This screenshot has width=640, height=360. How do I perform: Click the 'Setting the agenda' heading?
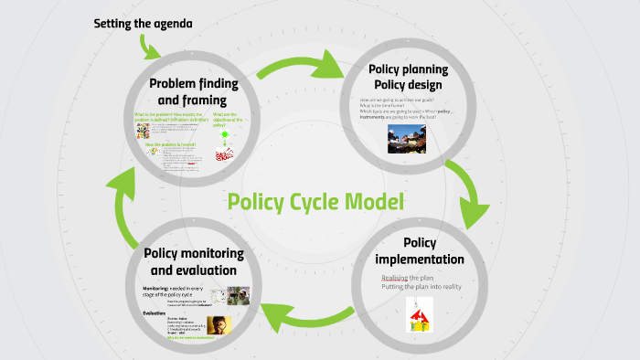coord(144,23)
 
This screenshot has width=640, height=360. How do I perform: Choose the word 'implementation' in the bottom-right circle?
coord(421,259)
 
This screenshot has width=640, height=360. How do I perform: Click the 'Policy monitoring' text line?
coord(193,252)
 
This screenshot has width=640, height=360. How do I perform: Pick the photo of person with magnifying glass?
coord(219,325)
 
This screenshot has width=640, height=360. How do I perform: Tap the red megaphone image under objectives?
coord(224,154)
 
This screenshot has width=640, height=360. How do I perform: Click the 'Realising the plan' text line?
coord(407,278)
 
